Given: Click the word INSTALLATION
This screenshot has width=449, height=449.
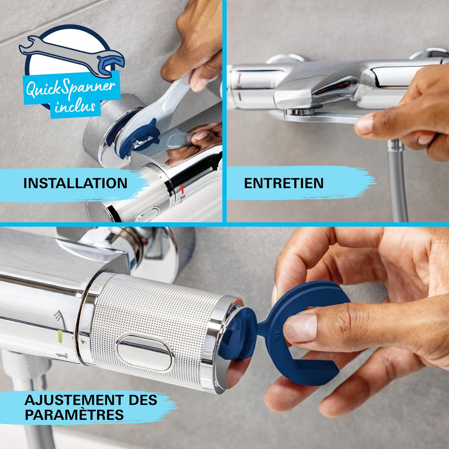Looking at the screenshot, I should coord(75,183).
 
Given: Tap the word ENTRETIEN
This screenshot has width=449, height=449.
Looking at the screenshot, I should coord(284,183).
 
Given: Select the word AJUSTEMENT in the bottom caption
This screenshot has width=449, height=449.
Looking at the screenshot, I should coord(74,400).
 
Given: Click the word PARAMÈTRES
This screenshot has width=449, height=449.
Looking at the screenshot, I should coord(74,415).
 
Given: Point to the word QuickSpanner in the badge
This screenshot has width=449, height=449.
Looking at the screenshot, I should coord(70,88).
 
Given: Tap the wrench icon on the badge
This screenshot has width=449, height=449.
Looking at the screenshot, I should coord(72,56).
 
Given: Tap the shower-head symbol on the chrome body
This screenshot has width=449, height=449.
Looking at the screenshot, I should coord(58,315).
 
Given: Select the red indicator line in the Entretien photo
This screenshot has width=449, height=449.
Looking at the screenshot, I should coord(239,78).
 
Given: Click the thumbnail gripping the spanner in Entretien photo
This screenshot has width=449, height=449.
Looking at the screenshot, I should coord(365,124).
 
